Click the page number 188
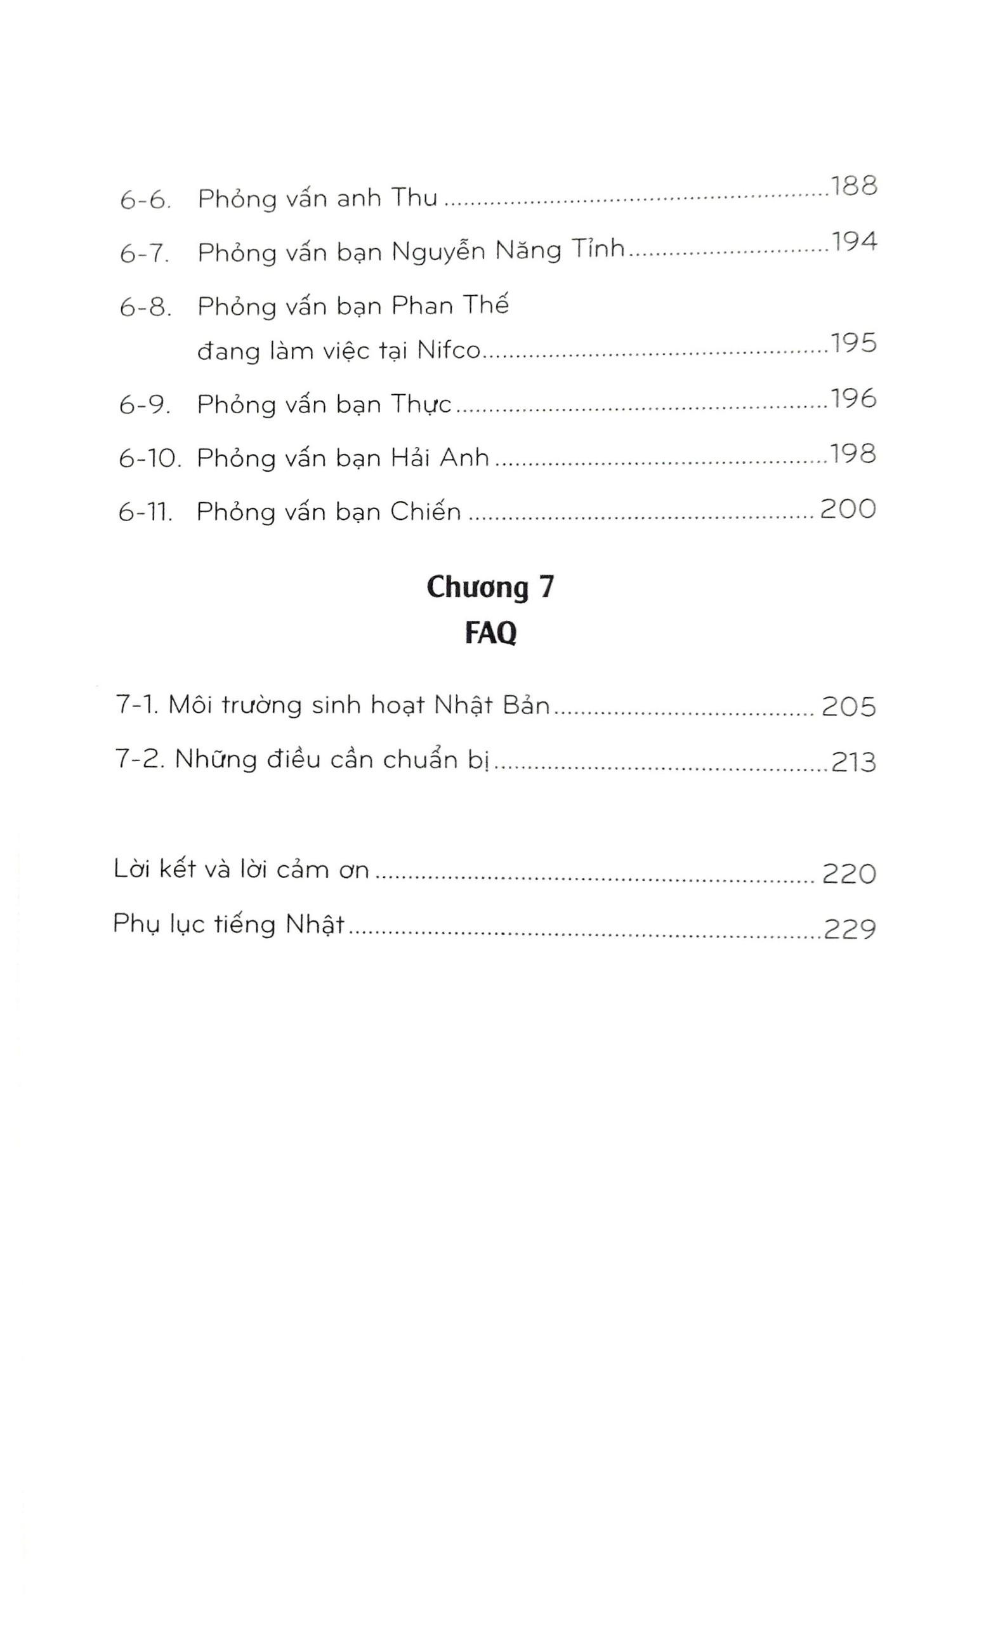tap(853, 185)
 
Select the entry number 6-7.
tap(145, 253)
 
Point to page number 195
tap(853, 343)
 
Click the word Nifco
tap(448, 350)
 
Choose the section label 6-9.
tap(145, 405)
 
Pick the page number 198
tap(852, 454)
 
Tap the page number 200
tap(848, 508)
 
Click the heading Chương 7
tap(490, 587)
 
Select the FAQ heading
tap(490, 633)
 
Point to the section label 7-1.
tap(137, 705)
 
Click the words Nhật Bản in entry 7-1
tap(492, 705)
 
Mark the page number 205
tap(849, 706)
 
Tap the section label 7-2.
tap(140, 760)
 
